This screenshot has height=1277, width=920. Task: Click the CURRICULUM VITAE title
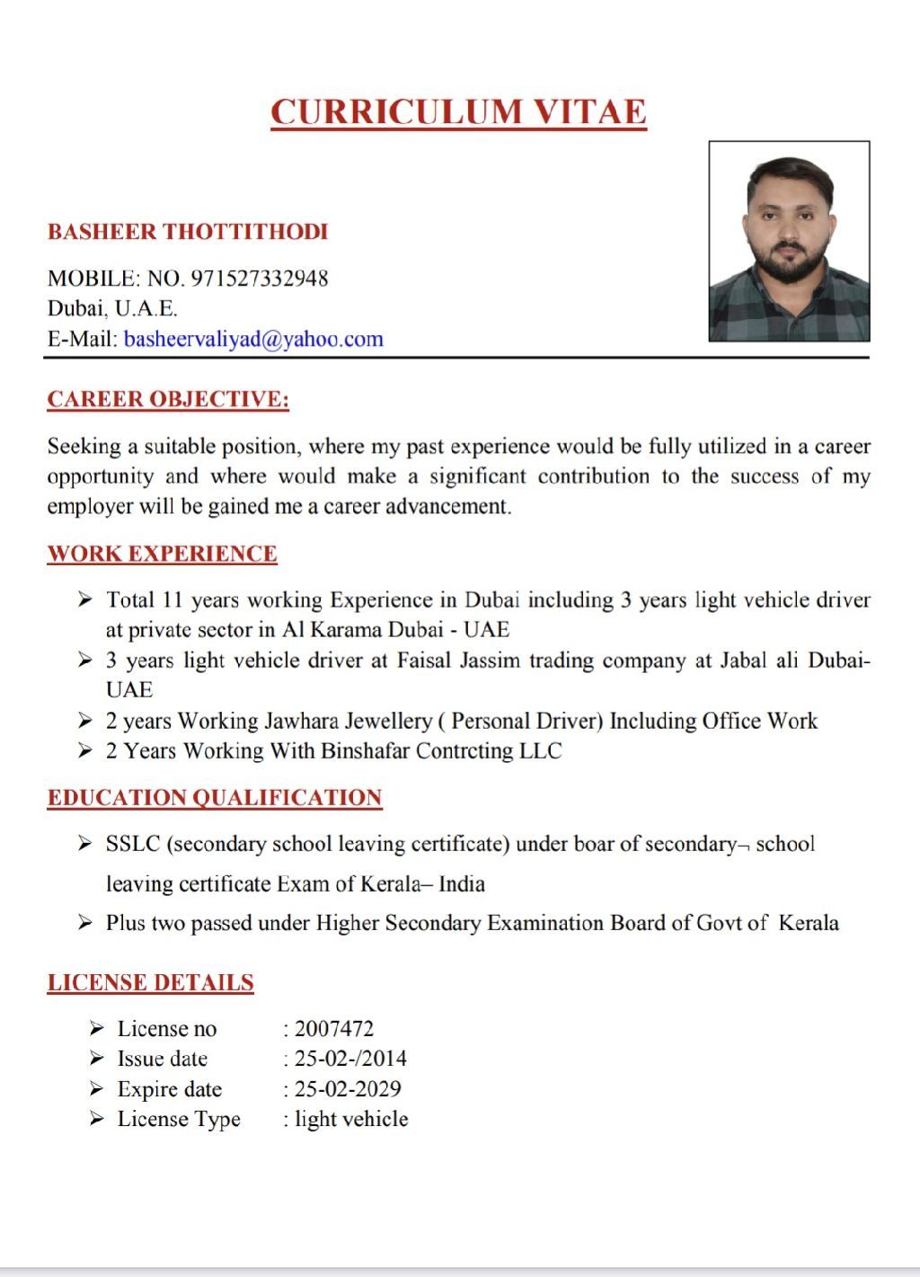pos(458,112)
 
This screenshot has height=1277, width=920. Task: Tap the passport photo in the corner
pos(789,241)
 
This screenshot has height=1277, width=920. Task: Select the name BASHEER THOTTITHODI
pos(188,232)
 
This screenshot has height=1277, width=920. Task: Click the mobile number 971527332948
pos(260,279)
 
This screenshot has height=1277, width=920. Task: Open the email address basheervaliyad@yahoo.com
pos(253,339)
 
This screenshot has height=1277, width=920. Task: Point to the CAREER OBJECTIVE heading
pos(168,399)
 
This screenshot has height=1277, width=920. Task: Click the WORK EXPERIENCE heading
pos(162,554)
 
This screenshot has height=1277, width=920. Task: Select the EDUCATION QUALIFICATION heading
pos(215,798)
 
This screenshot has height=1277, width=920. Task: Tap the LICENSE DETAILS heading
pos(150,983)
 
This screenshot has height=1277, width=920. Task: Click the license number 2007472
pos(334,1029)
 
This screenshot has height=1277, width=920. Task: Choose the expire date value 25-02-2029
pos(348,1089)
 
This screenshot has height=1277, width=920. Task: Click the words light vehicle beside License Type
pos(351,1119)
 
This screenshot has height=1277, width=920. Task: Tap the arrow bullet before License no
pos(97,1029)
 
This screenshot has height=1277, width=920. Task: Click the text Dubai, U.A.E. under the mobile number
pos(112,308)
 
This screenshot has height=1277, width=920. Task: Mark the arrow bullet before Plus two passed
pos(85,923)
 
